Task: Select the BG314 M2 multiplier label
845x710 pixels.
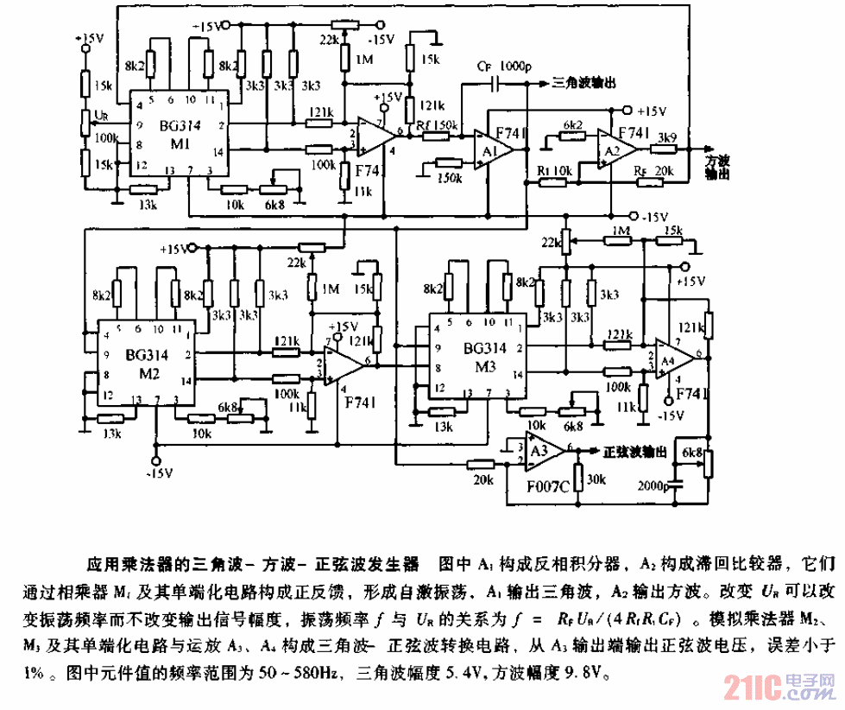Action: point(147,362)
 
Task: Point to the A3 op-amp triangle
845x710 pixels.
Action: point(543,450)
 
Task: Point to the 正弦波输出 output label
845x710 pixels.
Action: point(634,451)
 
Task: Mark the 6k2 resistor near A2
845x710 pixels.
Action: point(572,125)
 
